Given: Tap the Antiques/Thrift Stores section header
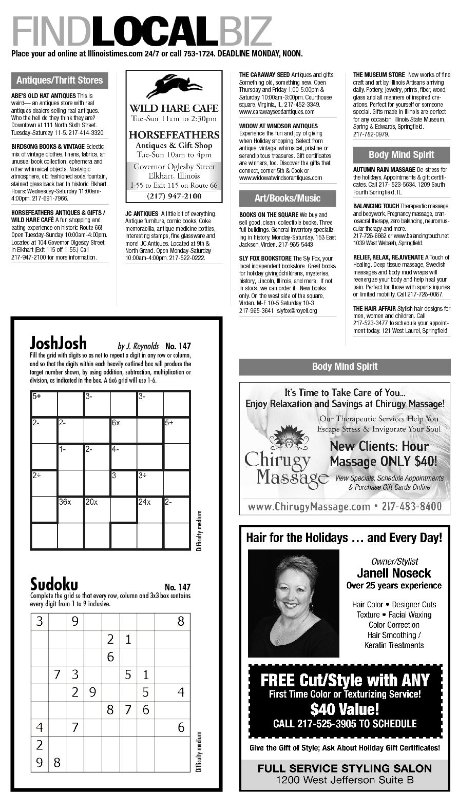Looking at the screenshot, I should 60,81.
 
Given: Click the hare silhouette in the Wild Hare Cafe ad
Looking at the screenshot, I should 174,86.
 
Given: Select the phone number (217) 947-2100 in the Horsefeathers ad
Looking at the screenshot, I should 174,196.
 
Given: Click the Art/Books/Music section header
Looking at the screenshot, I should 287,198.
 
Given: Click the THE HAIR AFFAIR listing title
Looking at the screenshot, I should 374,309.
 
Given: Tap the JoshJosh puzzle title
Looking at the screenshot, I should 58,342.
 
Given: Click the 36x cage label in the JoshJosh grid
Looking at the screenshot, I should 65,502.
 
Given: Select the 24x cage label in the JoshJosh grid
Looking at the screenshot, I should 144,502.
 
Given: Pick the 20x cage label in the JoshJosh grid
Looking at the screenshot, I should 91,502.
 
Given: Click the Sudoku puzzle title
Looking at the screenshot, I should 54,584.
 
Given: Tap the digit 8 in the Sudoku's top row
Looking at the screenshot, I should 181,622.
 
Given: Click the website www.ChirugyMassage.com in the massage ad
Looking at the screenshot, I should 309,507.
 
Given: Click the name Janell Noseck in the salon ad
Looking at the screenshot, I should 394,573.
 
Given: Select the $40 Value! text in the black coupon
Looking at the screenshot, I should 345,709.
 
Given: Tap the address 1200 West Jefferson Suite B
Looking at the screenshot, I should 345,780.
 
